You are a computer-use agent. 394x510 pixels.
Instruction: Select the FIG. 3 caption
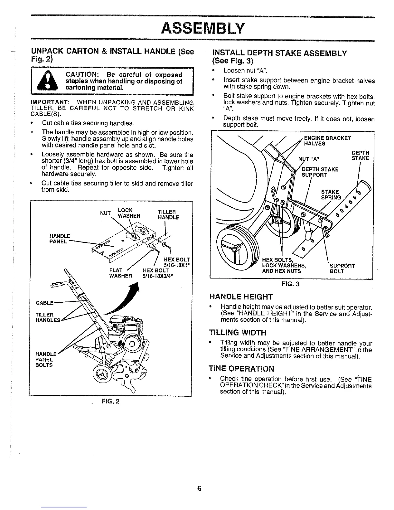(x=291, y=284)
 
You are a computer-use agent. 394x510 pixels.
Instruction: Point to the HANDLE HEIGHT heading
(x=241, y=297)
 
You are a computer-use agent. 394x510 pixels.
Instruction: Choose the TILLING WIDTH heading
(x=238, y=332)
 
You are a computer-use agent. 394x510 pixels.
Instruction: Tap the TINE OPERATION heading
(x=241, y=369)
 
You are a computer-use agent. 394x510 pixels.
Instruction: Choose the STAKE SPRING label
(x=331, y=195)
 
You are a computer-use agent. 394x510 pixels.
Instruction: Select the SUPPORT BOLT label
(x=342, y=269)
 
